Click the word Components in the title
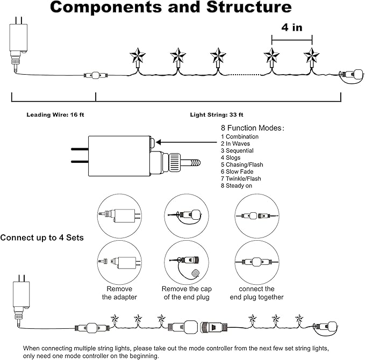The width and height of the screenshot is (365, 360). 106,7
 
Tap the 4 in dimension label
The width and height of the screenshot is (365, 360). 292,27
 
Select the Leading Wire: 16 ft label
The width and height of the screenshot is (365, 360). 55,115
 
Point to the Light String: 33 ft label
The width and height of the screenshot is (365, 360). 217,115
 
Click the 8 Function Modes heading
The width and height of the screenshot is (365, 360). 252,128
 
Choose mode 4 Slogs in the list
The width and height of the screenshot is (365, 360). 231,157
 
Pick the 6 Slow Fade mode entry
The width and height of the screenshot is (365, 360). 237,171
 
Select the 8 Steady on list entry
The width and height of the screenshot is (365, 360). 237,185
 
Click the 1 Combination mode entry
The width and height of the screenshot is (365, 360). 240,136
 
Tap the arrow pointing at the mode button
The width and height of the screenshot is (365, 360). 187,142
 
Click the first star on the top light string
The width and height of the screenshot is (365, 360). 138,56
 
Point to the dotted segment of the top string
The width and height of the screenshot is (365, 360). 245,75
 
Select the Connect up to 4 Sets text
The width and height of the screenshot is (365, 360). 42,237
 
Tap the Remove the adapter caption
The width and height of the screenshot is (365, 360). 119,293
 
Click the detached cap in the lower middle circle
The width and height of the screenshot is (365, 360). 195,272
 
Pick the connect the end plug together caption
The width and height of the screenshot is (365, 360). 256,293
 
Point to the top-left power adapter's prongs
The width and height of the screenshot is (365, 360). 18,20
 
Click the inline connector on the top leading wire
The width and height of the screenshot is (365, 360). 96,75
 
